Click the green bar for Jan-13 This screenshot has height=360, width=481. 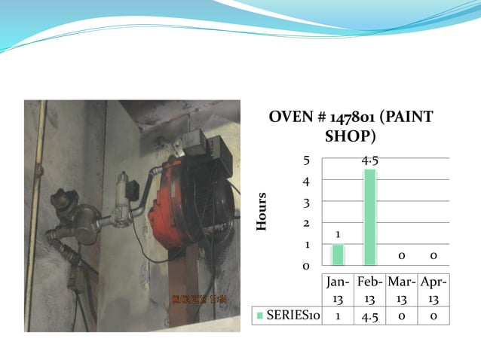click(338, 255)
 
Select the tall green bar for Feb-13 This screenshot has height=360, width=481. click(369, 217)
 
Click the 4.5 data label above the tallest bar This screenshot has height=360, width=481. click(369, 160)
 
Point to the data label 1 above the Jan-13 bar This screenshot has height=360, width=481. click(338, 235)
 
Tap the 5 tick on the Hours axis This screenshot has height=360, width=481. click(305, 160)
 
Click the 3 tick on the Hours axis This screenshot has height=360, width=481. click(305, 203)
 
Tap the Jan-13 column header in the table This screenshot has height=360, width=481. click(337, 291)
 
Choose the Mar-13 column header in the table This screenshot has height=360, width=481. click(402, 291)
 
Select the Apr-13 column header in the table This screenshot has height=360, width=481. click(434, 291)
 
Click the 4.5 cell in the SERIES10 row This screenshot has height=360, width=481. click(369, 316)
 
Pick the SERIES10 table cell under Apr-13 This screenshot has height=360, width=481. click(434, 316)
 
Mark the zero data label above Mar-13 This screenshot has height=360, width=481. click(402, 256)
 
